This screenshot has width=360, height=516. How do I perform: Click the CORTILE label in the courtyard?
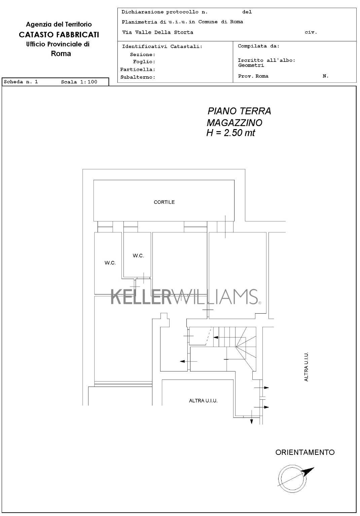tap(164, 202)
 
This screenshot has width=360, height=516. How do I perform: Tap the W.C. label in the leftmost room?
tap(110, 263)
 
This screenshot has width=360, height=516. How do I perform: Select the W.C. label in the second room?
tap(138, 255)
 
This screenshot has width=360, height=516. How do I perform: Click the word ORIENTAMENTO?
tap(305, 452)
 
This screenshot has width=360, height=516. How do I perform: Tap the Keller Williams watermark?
tap(186, 297)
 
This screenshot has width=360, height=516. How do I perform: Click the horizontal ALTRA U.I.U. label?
tap(203, 401)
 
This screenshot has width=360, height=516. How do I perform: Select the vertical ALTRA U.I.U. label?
tap(306, 367)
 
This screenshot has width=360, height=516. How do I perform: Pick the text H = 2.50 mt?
tap(230, 133)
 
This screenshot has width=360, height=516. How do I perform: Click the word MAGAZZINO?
tap(235, 123)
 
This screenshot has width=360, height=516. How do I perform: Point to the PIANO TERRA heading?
tap(239, 111)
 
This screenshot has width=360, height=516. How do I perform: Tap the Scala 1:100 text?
tap(79, 82)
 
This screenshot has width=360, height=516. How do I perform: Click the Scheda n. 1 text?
tap(21, 82)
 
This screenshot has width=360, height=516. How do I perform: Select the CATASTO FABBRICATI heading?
tap(59, 35)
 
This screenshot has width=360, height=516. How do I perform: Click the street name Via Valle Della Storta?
tap(157, 32)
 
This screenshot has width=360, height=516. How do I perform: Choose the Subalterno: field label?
tap(138, 77)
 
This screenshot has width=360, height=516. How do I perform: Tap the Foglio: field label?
tap(144, 62)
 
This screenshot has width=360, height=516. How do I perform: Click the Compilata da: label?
tap(258, 46)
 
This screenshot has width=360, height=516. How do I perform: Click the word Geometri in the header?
tap(251, 66)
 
